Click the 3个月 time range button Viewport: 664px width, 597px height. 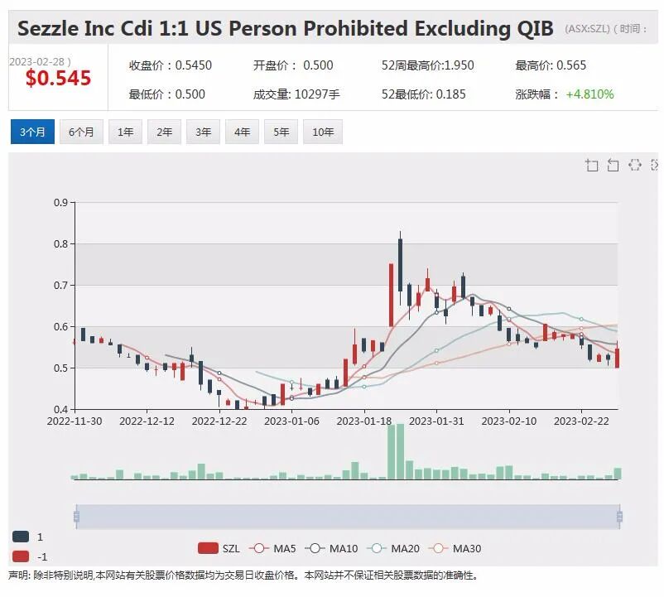[x=32, y=132]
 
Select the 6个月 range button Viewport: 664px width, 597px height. [x=81, y=132]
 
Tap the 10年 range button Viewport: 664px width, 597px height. [x=323, y=132]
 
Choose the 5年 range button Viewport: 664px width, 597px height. [x=281, y=132]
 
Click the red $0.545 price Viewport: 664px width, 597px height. [x=59, y=79]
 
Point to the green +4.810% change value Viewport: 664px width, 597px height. [x=589, y=94]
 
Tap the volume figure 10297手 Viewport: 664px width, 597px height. [x=317, y=94]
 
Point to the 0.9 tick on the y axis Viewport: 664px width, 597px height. [x=61, y=202]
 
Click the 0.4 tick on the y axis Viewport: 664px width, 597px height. [x=61, y=409]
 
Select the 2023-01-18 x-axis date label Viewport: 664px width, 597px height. [x=363, y=421]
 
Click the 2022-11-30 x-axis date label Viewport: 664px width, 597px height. [x=75, y=421]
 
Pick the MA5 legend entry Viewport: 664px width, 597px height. [x=272, y=549]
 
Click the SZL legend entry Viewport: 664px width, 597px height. [x=219, y=549]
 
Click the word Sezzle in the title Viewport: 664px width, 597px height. [x=48, y=29]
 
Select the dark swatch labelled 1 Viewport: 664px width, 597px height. [x=21, y=537]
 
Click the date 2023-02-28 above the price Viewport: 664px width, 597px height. [x=37, y=62]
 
